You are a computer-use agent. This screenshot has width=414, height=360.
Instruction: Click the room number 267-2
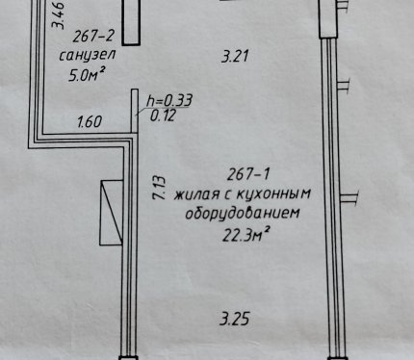[93, 36]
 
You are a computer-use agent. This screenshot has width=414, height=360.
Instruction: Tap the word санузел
[88, 55]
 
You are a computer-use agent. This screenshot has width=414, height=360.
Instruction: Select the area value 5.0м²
[87, 75]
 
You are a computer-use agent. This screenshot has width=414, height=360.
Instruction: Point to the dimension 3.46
[59, 15]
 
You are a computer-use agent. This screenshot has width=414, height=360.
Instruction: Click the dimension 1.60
[90, 122]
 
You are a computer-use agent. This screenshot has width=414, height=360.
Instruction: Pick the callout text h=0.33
[169, 100]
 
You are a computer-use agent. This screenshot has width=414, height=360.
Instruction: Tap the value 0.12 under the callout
[163, 116]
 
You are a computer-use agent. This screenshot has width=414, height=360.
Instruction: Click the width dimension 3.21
[235, 57]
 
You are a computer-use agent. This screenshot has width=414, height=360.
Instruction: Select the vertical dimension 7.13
[159, 188]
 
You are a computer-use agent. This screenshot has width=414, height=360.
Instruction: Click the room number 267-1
[248, 174]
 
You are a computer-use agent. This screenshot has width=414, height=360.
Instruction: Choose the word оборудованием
[243, 213]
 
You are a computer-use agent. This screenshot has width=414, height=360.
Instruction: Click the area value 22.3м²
[246, 236]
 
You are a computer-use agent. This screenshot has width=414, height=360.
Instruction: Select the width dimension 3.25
[235, 320]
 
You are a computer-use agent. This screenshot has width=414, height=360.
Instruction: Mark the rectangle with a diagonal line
[112, 213]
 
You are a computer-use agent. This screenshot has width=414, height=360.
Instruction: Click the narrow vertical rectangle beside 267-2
[131, 22]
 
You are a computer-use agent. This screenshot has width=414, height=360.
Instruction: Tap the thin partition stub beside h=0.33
[135, 111]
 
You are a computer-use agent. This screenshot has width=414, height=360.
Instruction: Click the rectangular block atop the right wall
[328, 18]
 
